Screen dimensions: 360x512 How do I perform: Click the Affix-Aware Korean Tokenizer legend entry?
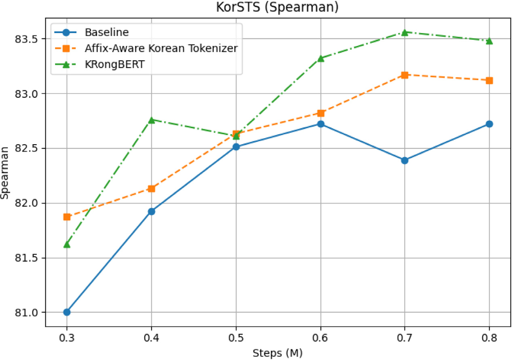point(161,48)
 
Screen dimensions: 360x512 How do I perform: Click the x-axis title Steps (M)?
point(278,353)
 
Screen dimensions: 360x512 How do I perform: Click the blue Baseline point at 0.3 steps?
point(67,312)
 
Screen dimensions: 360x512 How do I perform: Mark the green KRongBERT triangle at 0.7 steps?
point(405,32)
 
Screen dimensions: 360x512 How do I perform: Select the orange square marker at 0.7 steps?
point(405,75)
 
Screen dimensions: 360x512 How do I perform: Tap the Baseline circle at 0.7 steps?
point(405,160)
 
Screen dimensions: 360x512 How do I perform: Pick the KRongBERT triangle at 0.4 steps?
point(152,120)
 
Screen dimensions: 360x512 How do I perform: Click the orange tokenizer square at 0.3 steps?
point(67,217)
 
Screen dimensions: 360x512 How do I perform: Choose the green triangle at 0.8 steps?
point(489,41)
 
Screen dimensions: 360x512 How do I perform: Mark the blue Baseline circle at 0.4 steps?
point(152,211)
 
